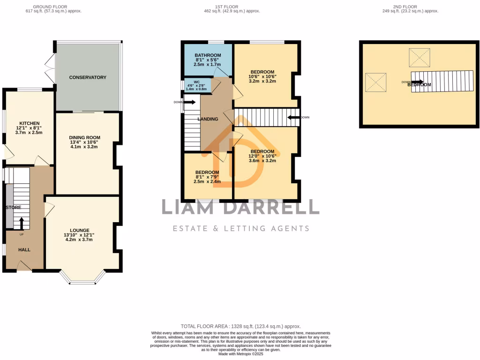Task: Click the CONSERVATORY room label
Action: click(x=88, y=77)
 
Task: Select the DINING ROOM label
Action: click(x=84, y=137)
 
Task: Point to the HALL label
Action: click(x=24, y=250)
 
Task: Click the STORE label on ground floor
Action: click(x=13, y=207)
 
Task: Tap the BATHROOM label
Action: click(x=208, y=55)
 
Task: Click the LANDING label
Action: click(x=208, y=119)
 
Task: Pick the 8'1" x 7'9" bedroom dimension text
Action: click(x=207, y=177)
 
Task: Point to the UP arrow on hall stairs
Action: click(x=22, y=224)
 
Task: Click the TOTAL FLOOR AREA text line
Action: click(x=240, y=326)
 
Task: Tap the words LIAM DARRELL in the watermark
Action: click(x=240, y=207)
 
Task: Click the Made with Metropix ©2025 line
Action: click(x=240, y=354)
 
